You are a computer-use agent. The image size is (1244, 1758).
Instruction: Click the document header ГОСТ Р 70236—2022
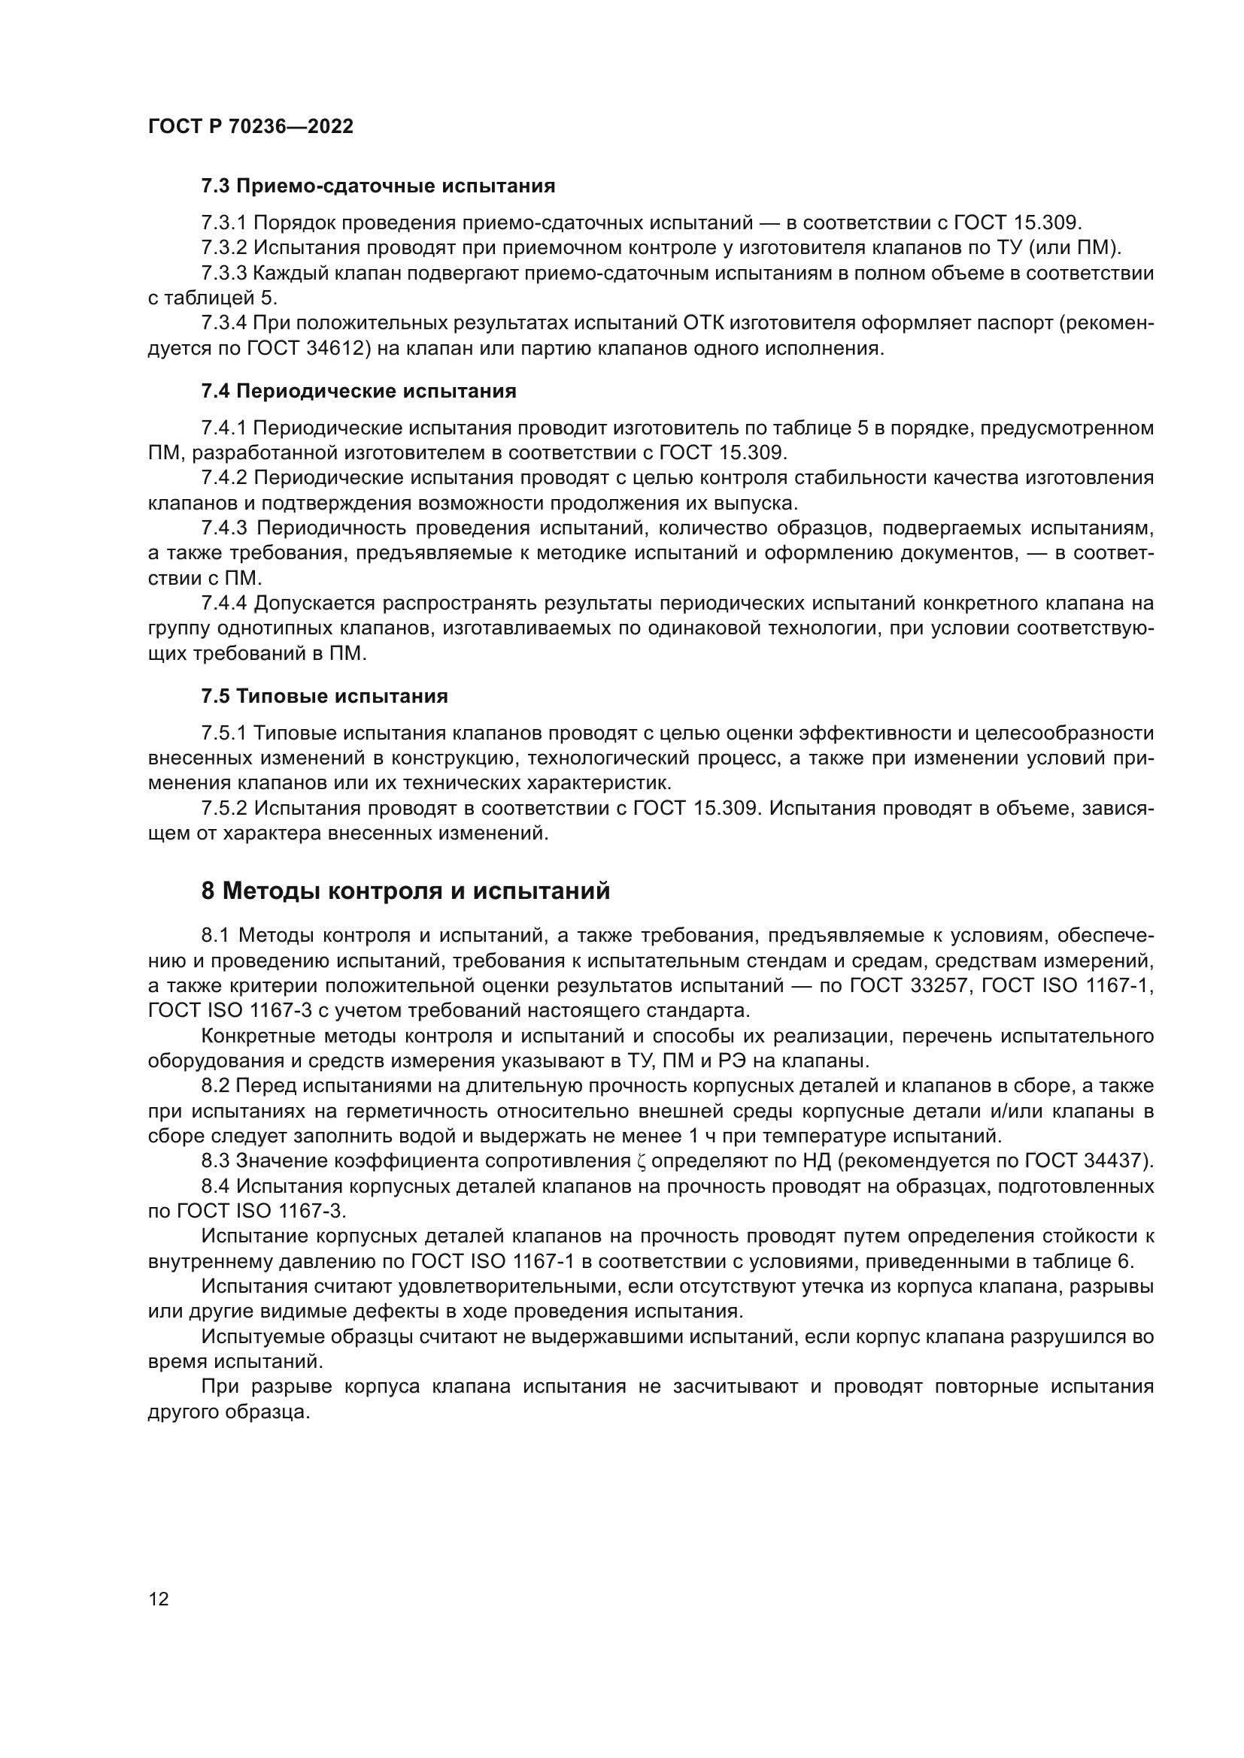(x=250, y=127)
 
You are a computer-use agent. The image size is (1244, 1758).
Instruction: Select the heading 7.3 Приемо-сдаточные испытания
(x=378, y=186)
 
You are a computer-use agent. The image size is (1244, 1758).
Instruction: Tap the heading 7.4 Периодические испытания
(x=359, y=392)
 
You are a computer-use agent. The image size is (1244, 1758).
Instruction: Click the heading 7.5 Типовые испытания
(x=324, y=696)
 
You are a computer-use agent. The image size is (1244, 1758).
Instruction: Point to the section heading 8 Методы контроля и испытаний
(x=405, y=891)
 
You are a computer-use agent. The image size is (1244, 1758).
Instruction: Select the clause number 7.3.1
(x=223, y=222)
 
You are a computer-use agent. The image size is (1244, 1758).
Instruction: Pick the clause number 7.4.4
(x=223, y=604)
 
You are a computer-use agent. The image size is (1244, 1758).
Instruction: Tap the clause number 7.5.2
(x=223, y=808)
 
